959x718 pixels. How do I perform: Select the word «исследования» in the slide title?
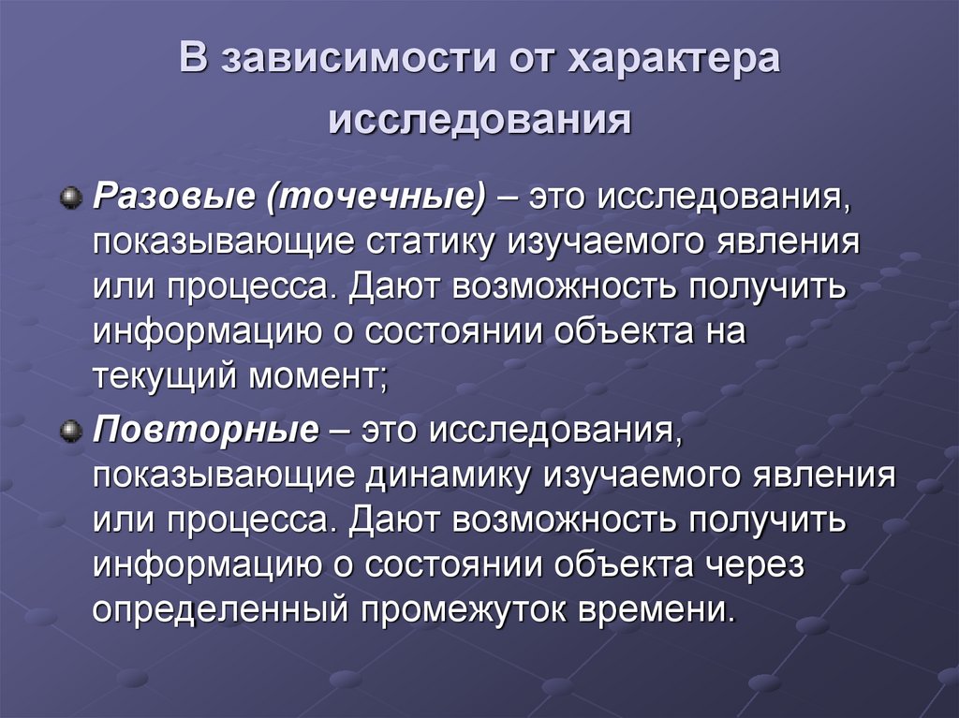[x=479, y=121]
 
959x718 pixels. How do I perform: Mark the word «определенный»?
[x=219, y=610]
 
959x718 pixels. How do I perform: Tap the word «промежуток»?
[x=463, y=610]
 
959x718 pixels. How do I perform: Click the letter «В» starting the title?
[x=192, y=61]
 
